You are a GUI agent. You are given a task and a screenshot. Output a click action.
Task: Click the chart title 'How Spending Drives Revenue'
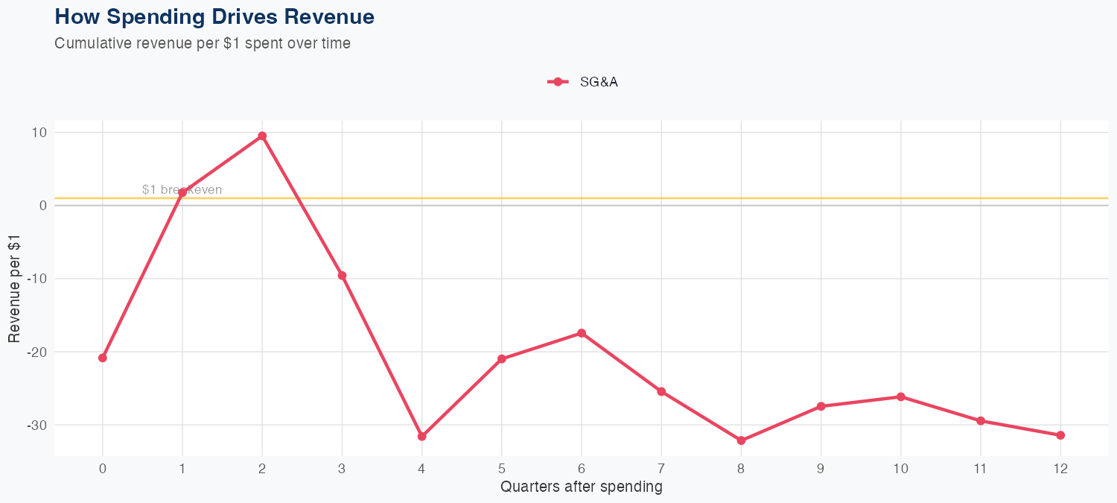[214, 16]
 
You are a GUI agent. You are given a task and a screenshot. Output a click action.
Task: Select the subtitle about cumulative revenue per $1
[203, 43]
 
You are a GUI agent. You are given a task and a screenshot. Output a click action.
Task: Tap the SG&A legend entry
[583, 82]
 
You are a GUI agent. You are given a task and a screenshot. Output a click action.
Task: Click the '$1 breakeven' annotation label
[182, 190]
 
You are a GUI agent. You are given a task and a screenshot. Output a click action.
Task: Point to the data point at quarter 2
[262, 136]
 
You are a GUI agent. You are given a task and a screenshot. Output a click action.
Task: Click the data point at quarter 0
[103, 358]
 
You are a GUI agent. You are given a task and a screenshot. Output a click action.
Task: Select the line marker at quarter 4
[422, 436]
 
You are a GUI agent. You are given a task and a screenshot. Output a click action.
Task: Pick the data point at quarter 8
[741, 440]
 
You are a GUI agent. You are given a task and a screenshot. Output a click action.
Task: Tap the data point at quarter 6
[582, 333]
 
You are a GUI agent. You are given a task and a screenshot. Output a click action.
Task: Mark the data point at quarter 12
[1060, 435]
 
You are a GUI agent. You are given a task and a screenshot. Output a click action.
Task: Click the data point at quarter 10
[901, 396]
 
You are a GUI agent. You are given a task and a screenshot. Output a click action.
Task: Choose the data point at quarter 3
[342, 276]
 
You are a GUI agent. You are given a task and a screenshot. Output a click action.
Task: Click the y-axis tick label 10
[39, 133]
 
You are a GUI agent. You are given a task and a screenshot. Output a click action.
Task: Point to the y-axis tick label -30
[36, 425]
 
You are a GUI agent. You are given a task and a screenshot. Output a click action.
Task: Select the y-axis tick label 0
[42, 206]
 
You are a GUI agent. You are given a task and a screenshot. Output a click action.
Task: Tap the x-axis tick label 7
[661, 469]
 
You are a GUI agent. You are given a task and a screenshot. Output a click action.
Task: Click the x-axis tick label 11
[981, 469]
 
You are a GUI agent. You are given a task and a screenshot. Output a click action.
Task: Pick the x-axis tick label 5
[502, 469]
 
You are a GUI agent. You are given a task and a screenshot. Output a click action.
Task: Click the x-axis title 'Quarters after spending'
[582, 487]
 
